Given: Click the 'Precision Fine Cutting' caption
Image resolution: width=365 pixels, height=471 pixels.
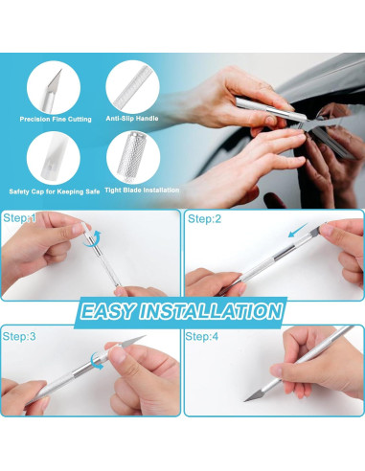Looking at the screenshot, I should tap(56, 119).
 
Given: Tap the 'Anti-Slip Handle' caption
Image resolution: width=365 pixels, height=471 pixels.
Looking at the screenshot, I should tap(133, 119).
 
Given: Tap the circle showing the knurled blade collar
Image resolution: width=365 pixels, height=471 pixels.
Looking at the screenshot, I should tap(131, 155).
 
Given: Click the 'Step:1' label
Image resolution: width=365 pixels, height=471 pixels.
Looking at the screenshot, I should tap(19, 219).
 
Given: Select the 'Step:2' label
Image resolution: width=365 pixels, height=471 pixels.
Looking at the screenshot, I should tap(203, 219).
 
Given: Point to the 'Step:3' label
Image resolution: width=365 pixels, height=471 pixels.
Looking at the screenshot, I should tap(19, 337).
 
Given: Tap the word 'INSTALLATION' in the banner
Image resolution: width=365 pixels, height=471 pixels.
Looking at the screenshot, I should tap(217, 312).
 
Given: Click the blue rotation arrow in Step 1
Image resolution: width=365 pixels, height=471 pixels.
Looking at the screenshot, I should tap(94, 240).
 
